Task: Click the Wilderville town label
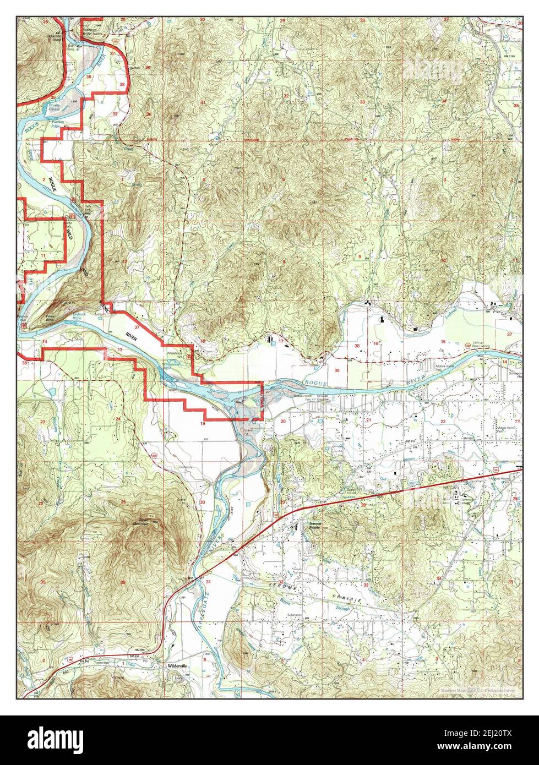[x=178, y=665]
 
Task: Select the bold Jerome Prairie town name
[x=314, y=524]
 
